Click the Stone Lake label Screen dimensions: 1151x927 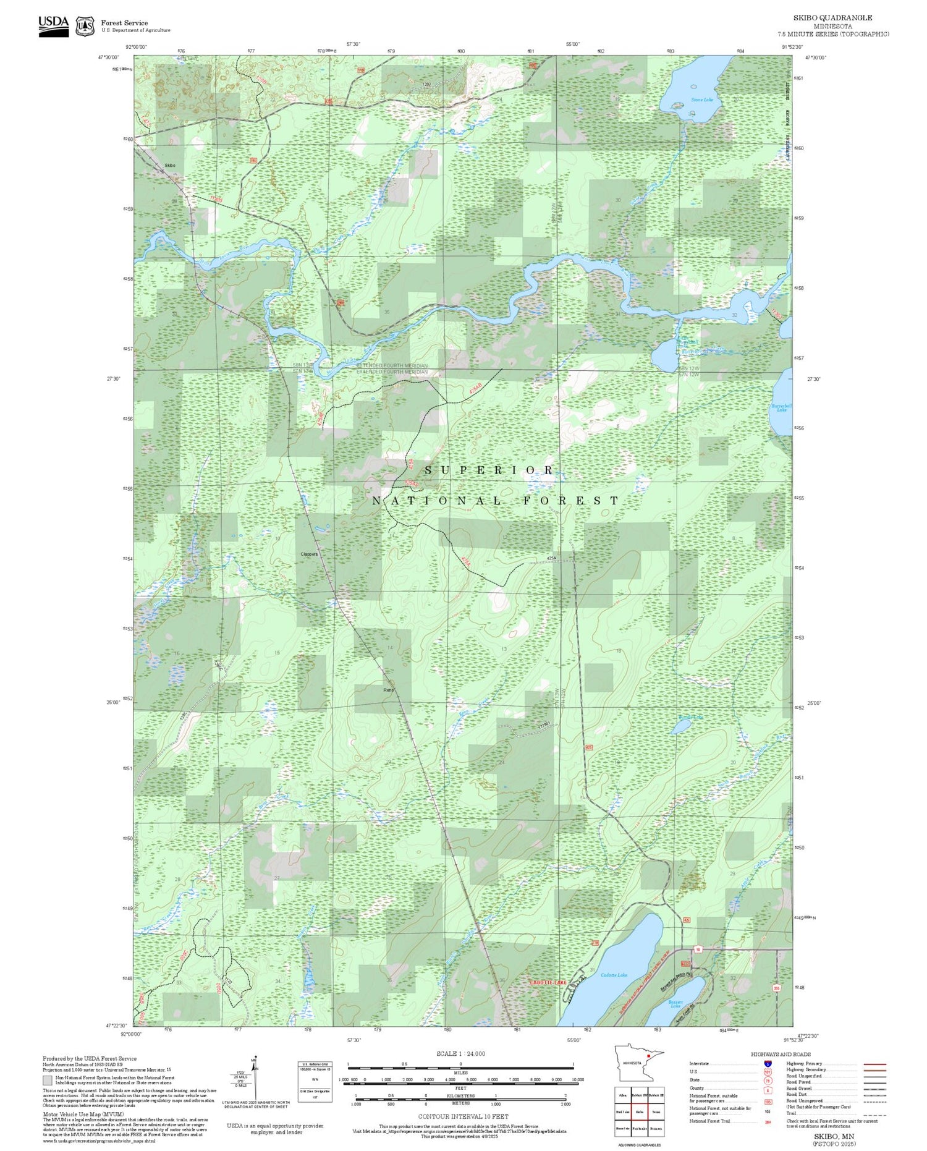(x=701, y=100)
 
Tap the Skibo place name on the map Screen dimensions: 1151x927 (x=170, y=166)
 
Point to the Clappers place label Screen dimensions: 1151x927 (x=309, y=554)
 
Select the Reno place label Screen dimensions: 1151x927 (x=388, y=690)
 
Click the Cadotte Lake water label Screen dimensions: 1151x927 (x=614, y=975)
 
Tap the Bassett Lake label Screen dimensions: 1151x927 (x=675, y=1004)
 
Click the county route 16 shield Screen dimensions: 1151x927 (x=698, y=949)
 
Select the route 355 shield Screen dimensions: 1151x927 (x=776, y=988)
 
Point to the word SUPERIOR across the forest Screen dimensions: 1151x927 (x=489, y=470)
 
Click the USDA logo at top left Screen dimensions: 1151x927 (x=54, y=26)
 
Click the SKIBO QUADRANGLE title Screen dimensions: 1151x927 (x=832, y=18)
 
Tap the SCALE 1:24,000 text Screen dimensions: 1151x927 (x=460, y=1053)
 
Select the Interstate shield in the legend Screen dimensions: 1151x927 (x=768, y=1064)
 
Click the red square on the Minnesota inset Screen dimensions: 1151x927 (x=648, y=1056)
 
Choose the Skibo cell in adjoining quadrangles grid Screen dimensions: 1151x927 (x=640, y=1111)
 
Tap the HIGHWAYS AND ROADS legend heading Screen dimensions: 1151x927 (x=781, y=1055)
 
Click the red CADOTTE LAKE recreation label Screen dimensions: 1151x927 (x=548, y=982)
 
